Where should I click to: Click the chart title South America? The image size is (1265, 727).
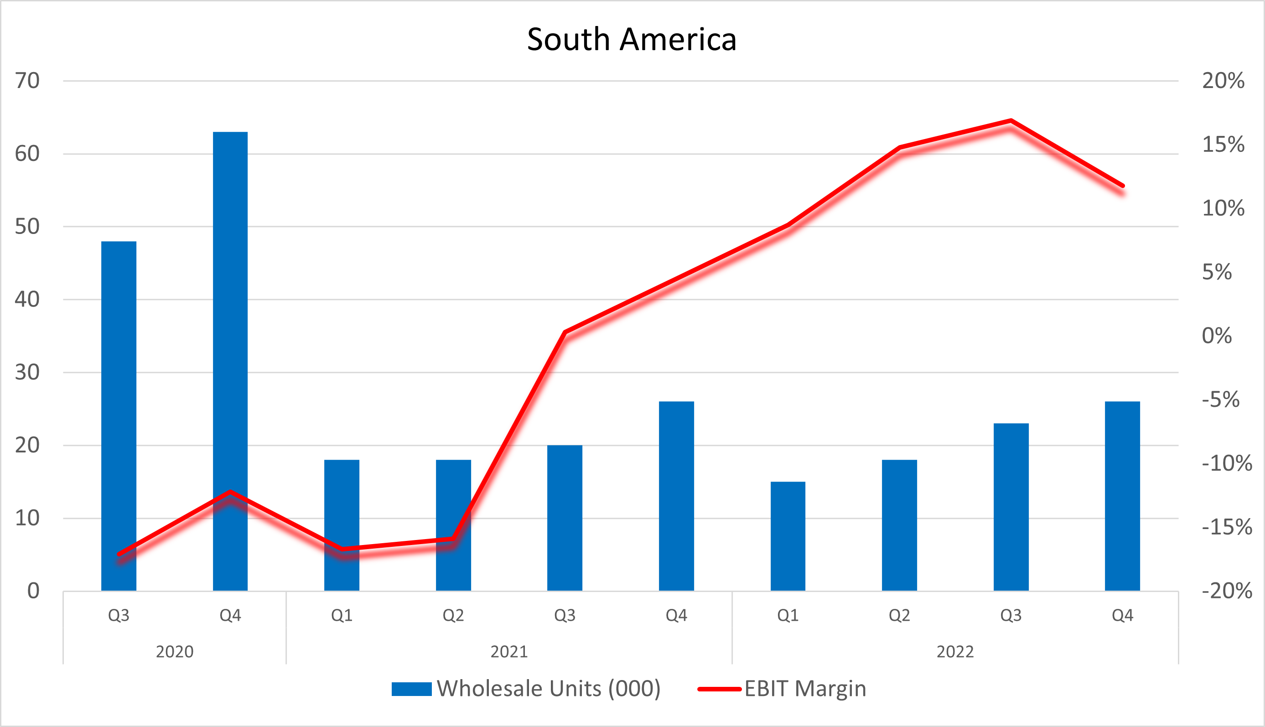pos(632,39)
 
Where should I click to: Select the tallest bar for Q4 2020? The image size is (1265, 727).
pos(230,359)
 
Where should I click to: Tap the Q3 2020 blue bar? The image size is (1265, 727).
pos(119,415)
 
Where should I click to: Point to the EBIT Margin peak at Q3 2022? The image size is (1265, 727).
pos(1011,120)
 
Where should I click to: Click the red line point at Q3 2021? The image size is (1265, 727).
pos(565,332)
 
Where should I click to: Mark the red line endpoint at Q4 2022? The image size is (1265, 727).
pos(1122,186)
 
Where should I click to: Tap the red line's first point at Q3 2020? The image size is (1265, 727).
pos(119,554)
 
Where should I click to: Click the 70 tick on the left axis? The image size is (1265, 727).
pos(27,81)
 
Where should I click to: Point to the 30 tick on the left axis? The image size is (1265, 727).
pos(27,373)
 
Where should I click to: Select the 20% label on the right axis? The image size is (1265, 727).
pos(1223,81)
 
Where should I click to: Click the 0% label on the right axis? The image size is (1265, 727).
pos(1217,336)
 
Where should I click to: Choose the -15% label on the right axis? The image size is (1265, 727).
pos(1227,527)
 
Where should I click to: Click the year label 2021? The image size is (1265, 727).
pos(509,652)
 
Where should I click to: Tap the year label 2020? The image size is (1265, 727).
pos(174,652)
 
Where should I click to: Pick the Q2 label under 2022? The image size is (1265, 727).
pos(899,615)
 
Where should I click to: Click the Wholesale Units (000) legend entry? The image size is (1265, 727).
pos(526,689)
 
